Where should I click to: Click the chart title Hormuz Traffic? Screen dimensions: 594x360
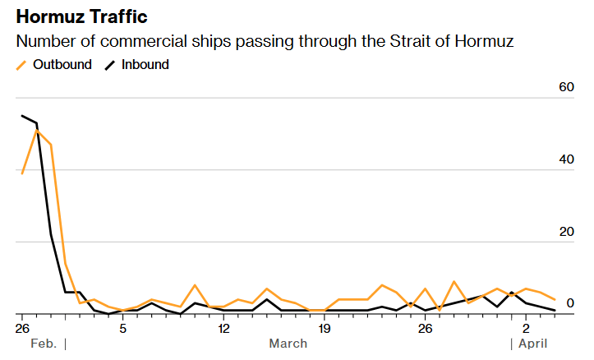pyautogui.click(x=81, y=16)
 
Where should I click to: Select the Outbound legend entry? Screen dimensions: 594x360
pyautogui.click(x=53, y=65)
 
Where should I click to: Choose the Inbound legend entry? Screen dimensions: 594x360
pyautogui.click(x=136, y=65)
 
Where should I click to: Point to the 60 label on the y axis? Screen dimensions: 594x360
pyautogui.click(x=566, y=87)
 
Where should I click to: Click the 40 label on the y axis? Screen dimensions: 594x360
pyautogui.click(x=566, y=159)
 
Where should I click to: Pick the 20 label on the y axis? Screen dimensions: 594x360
pyautogui.click(x=566, y=232)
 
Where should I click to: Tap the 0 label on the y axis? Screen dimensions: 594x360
pyautogui.click(x=570, y=303)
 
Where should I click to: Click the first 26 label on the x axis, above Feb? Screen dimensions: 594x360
pyautogui.click(x=22, y=328)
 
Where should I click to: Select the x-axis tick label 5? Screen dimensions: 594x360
pyautogui.click(x=122, y=328)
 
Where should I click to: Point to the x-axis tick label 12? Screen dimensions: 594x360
pyautogui.click(x=223, y=328)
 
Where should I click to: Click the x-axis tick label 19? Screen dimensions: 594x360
pyautogui.click(x=325, y=328)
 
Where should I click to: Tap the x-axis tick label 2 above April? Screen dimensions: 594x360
pyautogui.click(x=526, y=328)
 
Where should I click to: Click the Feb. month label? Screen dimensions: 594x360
pyautogui.click(x=44, y=344)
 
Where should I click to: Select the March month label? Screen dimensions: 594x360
pyautogui.click(x=288, y=344)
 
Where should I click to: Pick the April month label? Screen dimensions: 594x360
pyautogui.click(x=533, y=344)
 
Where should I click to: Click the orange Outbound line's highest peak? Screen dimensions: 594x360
pyautogui.click(x=36, y=131)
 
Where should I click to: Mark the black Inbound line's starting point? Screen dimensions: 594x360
pyautogui.click(x=22, y=116)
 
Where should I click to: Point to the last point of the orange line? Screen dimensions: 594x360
pyautogui.click(x=555, y=299)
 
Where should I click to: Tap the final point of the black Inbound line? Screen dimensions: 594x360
pyautogui.click(x=555, y=311)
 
